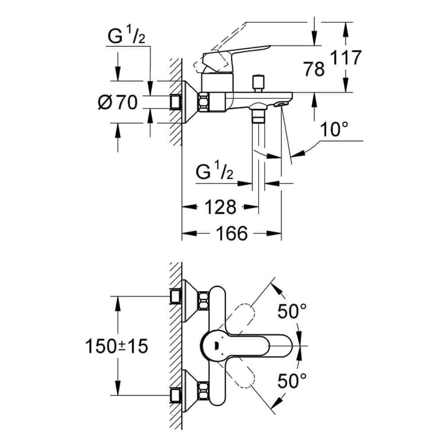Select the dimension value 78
click(314, 69)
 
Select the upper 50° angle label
click(293, 312)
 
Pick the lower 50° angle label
click(293, 380)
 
